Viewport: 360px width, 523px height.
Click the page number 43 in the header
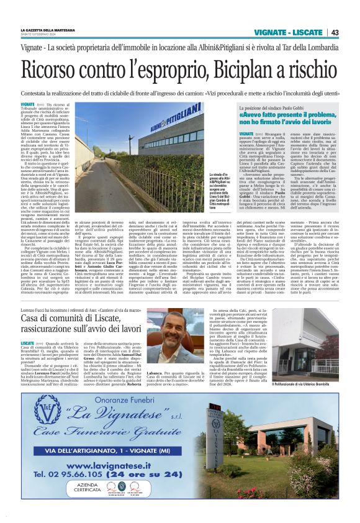[x=335, y=32]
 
